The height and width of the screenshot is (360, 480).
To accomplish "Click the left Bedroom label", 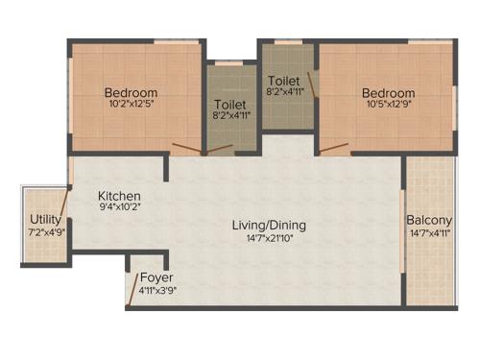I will (131, 93).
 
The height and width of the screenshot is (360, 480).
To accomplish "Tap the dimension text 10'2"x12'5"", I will (131, 106).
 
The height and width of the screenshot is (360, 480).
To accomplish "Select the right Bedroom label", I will (388, 93).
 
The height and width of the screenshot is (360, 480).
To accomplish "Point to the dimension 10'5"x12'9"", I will (388, 106).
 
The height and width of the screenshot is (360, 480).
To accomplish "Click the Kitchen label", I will (120, 195).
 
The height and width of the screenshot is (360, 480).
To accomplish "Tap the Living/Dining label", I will (269, 226).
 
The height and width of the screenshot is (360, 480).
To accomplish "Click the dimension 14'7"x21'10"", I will (269, 238).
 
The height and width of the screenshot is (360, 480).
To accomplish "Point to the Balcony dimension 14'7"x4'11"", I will (429, 231).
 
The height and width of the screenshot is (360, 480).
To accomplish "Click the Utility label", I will (45, 220).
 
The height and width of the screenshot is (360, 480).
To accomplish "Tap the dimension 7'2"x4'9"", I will (45, 232).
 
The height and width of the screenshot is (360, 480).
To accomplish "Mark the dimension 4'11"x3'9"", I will (157, 290).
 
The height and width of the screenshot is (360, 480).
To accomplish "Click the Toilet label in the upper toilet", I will (284, 80).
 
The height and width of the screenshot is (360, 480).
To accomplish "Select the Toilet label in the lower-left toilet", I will (230, 104).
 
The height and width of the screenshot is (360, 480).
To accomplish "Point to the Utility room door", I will (64, 204).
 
